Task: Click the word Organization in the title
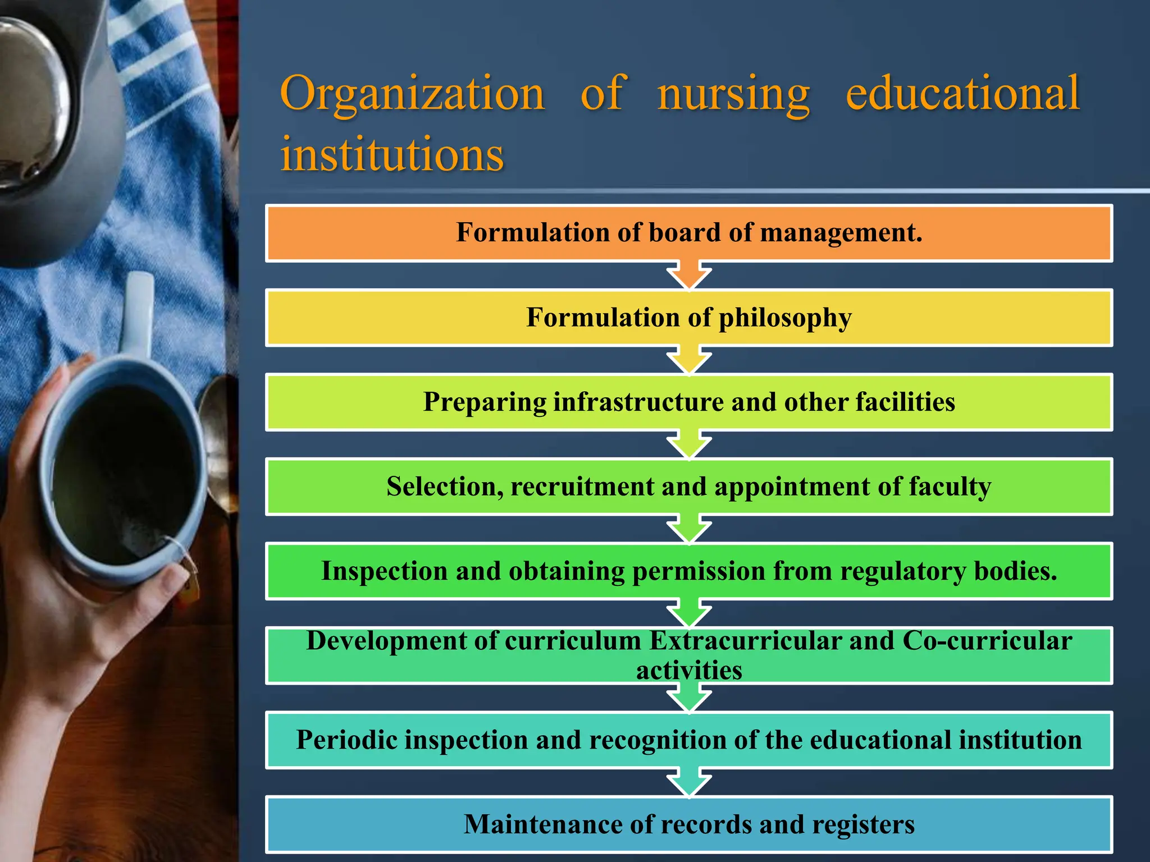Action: click(x=412, y=94)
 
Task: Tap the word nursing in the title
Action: click(x=733, y=94)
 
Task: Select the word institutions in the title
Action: click(x=392, y=154)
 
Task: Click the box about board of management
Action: click(x=689, y=233)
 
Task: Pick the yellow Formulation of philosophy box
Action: click(x=689, y=318)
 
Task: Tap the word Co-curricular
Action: click(x=987, y=641)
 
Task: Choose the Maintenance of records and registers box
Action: click(x=689, y=824)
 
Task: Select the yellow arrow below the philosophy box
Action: click(x=689, y=361)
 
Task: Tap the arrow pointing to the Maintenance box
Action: click(x=689, y=783)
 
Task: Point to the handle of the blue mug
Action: click(x=137, y=314)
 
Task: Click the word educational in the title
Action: click(x=962, y=94)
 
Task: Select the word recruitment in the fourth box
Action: click(x=582, y=487)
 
